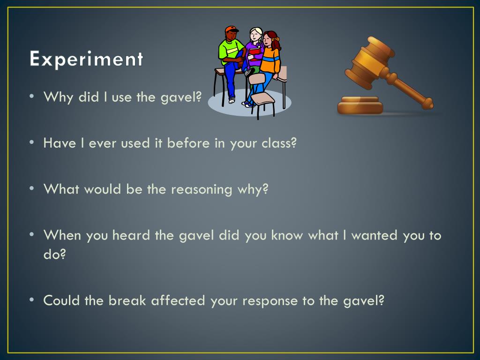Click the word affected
pyautogui.click(x=178, y=300)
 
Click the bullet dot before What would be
pyautogui.click(x=31, y=189)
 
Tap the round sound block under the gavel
pyautogui.click(x=360, y=105)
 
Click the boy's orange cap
pyautogui.click(x=232, y=30)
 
